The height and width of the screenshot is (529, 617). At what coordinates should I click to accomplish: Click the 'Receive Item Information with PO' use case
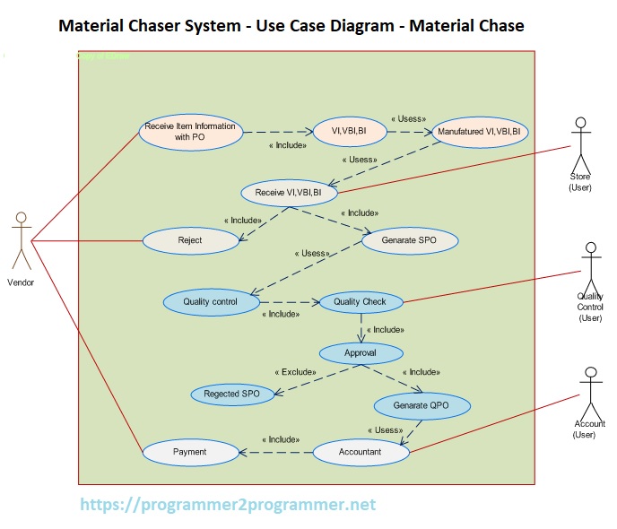click(x=190, y=132)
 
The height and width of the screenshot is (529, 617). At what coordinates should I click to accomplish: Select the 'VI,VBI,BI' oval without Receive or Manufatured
click(x=349, y=131)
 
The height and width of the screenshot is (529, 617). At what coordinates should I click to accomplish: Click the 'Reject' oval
click(x=190, y=240)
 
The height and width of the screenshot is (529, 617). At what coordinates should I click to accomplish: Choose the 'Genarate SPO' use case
click(x=410, y=240)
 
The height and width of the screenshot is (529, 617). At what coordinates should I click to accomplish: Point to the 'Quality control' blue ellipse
click(x=210, y=302)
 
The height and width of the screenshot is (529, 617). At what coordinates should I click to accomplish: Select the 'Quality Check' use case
click(x=360, y=302)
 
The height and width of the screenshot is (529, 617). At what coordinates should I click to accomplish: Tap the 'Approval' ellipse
click(x=361, y=352)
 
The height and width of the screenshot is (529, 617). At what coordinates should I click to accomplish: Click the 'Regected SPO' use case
click(x=231, y=394)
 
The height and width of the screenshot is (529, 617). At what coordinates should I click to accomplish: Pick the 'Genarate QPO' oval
click(x=421, y=404)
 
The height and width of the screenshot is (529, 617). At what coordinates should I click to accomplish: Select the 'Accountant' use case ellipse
click(x=360, y=452)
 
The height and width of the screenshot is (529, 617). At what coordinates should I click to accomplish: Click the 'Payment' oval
click(x=189, y=452)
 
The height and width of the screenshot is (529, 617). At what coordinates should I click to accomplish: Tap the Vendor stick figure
click(x=21, y=240)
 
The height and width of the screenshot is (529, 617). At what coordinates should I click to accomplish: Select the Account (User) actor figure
click(x=589, y=391)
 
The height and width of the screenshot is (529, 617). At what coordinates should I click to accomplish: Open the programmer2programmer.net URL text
click(x=228, y=505)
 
